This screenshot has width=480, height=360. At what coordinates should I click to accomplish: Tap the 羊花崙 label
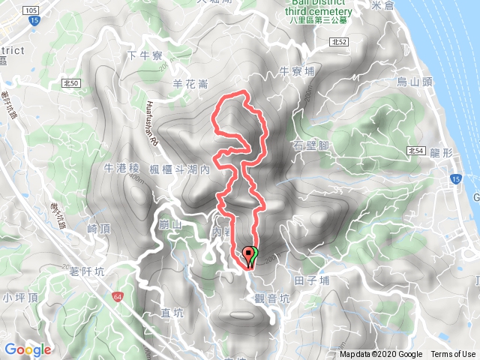[191, 85]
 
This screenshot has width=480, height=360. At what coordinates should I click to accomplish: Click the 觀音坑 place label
[271, 298]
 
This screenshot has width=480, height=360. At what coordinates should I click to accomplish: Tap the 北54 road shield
[417, 151]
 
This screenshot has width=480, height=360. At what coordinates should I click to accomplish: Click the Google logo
[28, 349]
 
